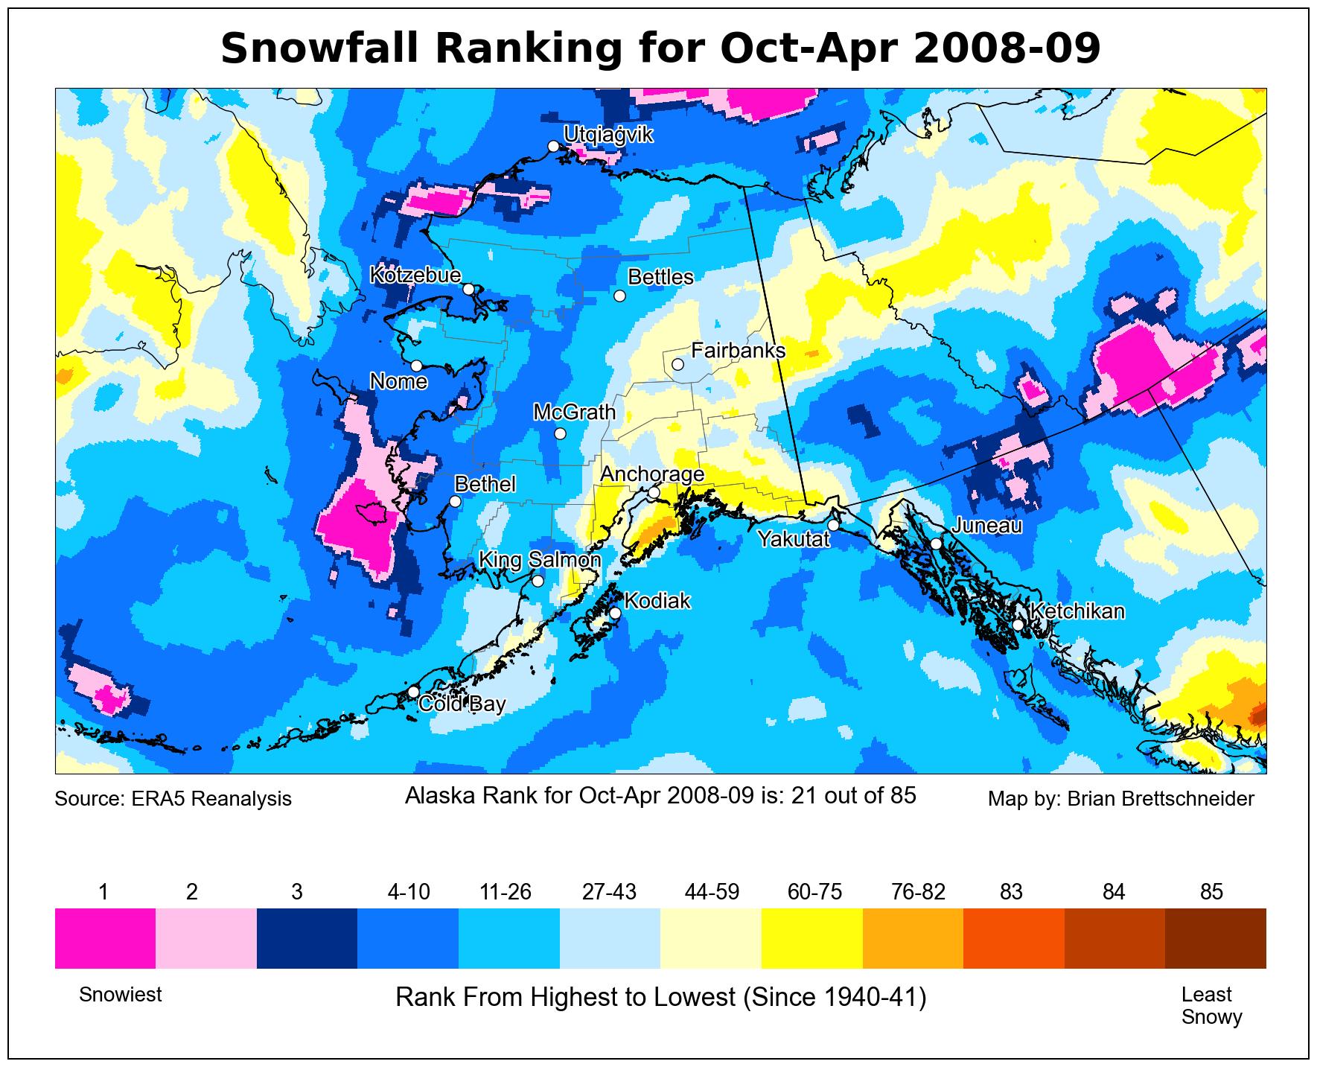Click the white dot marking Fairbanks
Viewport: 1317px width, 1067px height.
click(x=677, y=364)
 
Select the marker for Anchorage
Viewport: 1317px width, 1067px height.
click(x=654, y=492)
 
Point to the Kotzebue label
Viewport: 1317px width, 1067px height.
click(x=415, y=275)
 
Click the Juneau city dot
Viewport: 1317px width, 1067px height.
click(x=937, y=544)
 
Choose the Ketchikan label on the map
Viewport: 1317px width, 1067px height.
click(x=1077, y=611)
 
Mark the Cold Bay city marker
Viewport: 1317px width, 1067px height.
click(x=413, y=692)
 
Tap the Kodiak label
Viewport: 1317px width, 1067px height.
click(x=657, y=601)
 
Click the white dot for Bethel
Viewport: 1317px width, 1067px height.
click(x=456, y=502)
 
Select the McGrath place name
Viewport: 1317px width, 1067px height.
click(x=575, y=412)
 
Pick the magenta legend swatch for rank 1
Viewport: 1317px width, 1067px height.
click(x=105, y=938)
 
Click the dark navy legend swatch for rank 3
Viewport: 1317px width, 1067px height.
click(x=307, y=938)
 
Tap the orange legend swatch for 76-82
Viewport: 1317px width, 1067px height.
click(x=913, y=938)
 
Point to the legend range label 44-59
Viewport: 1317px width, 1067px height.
click(x=712, y=892)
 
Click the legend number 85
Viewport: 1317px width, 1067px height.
click(x=1212, y=892)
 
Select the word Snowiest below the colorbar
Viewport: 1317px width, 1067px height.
click(x=121, y=995)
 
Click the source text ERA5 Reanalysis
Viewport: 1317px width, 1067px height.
click(x=211, y=799)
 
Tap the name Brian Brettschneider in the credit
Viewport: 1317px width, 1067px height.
click(x=1161, y=799)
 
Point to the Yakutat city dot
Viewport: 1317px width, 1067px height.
click(x=833, y=525)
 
